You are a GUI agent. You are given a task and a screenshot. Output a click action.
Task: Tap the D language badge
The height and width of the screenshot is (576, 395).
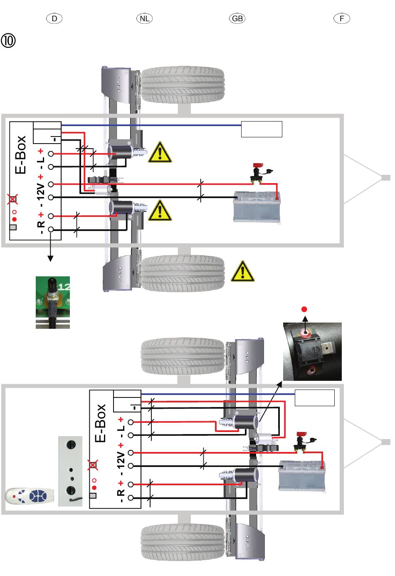[x=54, y=19]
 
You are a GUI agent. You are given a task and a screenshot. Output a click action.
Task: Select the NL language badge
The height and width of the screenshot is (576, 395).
[x=144, y=19]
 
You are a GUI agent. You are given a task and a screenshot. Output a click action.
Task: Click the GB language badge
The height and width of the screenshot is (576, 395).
[x=237, y=19]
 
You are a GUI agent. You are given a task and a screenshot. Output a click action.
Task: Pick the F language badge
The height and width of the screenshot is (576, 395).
[x=342, y=19]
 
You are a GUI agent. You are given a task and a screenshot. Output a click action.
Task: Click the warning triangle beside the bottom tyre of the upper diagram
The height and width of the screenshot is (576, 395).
[x=242, y=271]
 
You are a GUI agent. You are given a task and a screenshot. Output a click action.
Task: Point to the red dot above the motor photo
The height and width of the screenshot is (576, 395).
[x=304, y=309]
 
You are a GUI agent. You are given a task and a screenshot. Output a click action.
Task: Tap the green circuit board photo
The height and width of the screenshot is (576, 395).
[x=53, y=302]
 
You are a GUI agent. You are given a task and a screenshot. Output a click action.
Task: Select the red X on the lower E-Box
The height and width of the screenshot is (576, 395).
[x=93, y=465]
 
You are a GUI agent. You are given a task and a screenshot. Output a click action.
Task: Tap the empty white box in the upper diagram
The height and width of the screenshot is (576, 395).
[x=262, y=129]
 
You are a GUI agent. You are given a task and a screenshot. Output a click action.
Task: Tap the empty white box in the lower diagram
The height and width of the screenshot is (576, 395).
[x=314, y=397]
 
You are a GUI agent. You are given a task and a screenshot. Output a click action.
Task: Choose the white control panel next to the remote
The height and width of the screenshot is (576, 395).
[x=70, y=471]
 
